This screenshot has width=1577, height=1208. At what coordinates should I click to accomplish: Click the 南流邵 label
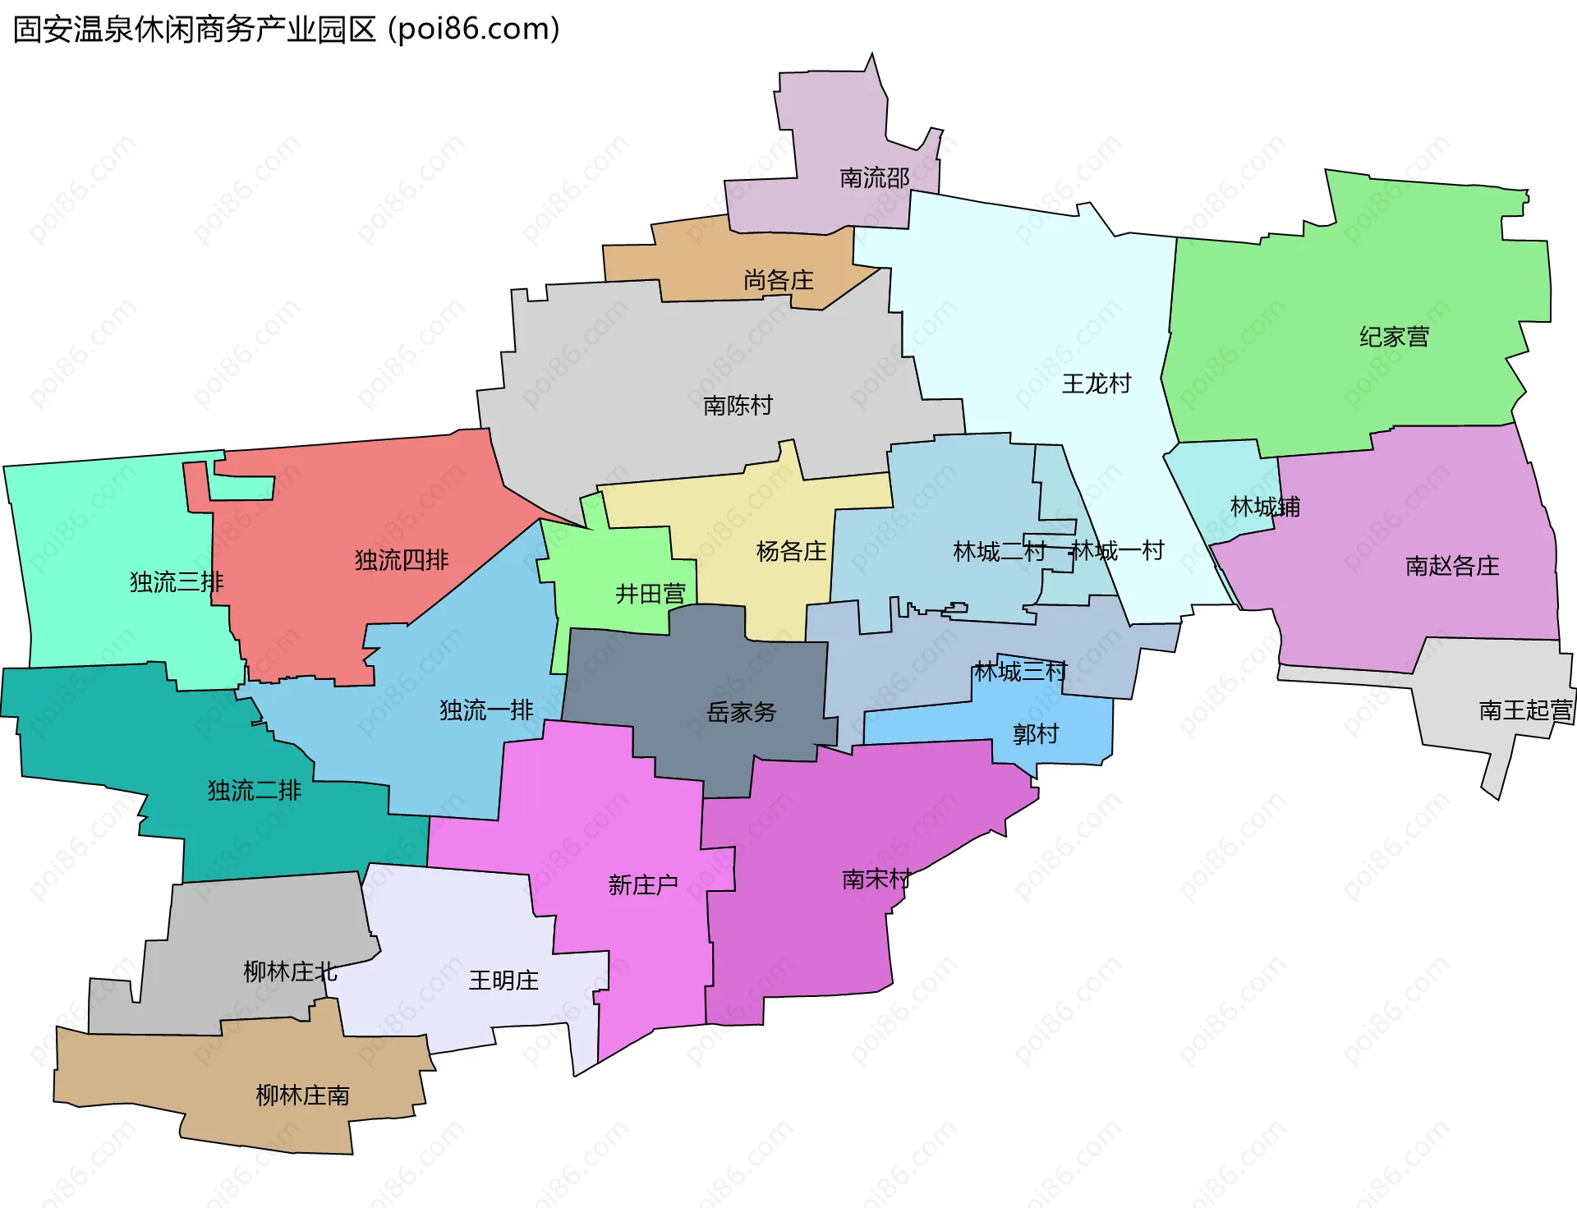point(874,178)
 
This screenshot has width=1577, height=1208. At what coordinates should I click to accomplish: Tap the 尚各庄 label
point(778,281)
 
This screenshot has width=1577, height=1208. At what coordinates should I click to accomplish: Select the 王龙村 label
point(1096,384)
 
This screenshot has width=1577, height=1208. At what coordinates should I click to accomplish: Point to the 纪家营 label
point(1394,337)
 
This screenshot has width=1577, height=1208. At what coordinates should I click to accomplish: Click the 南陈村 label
point(738,405)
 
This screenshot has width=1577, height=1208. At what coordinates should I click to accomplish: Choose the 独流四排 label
point(402,560)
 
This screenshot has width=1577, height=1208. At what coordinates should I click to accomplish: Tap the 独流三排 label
point(177,582)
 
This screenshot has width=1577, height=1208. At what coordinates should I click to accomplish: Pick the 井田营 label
point(650,594)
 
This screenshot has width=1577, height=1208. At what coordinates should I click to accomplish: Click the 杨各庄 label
point(791,551)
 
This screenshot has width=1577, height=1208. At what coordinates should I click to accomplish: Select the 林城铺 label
point(1265,507)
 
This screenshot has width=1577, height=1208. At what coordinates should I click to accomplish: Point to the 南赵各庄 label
point(1451,566)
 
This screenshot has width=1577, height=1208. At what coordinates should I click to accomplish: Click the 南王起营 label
point(1525,710)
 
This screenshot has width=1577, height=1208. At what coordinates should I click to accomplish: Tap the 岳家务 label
point(741,712)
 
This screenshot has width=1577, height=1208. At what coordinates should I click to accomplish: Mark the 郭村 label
point(1035,733)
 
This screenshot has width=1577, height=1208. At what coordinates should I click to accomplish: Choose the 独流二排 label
point(254,791)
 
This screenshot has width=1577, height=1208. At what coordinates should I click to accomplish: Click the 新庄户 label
point(642,884)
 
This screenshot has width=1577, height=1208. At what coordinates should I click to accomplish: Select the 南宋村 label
point(876,880)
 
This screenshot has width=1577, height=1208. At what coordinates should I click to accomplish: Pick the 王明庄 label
point(503,981)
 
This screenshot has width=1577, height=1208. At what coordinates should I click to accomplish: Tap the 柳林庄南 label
point(302,1095)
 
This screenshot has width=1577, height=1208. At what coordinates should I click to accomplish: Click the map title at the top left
point(286,30)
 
